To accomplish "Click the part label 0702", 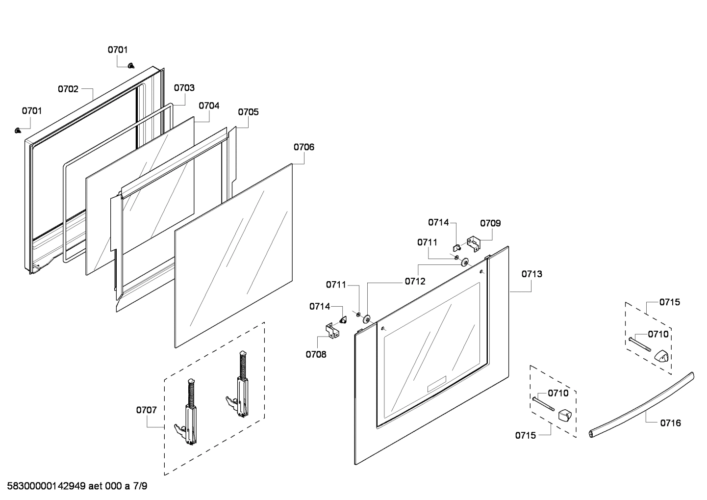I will (68, 89).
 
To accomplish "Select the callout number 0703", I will (184, 88).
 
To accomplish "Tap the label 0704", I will (209, 105).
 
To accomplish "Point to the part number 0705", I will (248, 112).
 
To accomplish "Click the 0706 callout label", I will (304, 147).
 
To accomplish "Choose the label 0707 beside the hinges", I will (146, 410).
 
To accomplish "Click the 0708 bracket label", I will (316, 354).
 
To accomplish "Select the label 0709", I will (490, 223).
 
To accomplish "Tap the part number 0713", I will (531, 274).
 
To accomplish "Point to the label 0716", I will (670, 423).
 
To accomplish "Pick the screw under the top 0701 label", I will (131, 65).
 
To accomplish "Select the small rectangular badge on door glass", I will (436, 384).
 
